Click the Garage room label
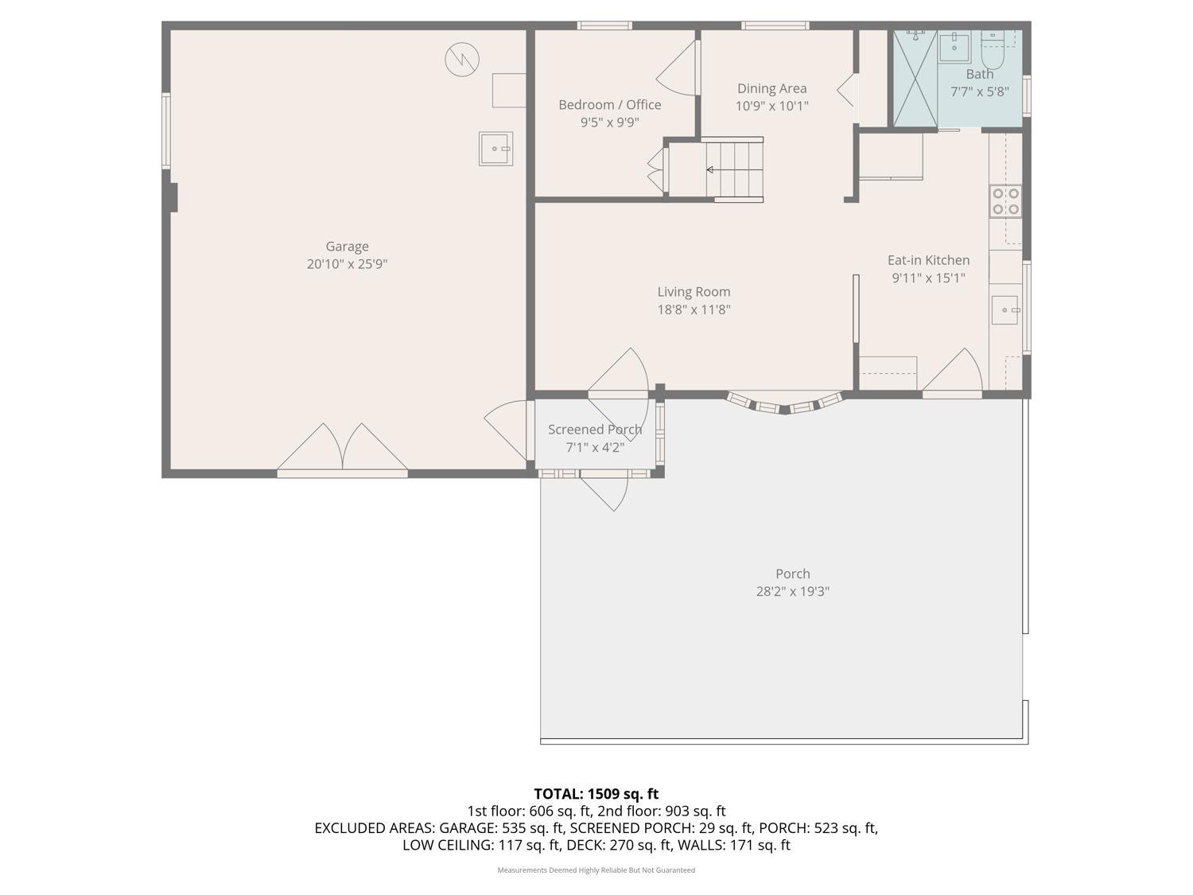click(347, 247)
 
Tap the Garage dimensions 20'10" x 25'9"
click(347, 264)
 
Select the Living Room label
click(694, 292)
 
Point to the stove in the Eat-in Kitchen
click(1005, 201)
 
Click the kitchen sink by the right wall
click(1005, 309)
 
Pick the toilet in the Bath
click(992, 51)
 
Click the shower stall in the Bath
click(915, 79)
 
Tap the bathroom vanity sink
click(954, 47)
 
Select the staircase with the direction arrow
click(733, 169)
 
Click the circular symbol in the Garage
click(462, 60)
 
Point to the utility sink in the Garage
click(495, 149)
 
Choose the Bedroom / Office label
click(609, 104)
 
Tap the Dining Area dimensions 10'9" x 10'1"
click(771, 106)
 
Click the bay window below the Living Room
click(784, 404)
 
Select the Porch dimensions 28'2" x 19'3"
click(792, 591)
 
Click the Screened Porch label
click(594, 430)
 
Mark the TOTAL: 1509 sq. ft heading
click(596, 793)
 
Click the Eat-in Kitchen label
click(928, 260)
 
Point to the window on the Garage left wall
click(166, 130)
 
